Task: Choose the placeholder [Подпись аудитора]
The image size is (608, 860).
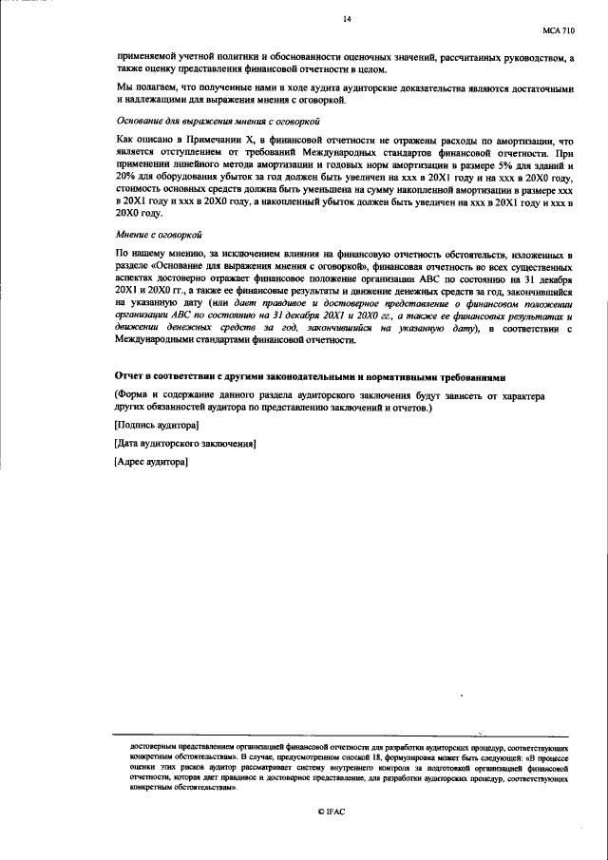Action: [156, 425]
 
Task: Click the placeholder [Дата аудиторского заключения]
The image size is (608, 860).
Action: [184, 443]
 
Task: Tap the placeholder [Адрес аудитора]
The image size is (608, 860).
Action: [150, 462]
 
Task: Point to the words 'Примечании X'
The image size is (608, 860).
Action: [216, 140]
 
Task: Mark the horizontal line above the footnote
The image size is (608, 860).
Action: [343, 736]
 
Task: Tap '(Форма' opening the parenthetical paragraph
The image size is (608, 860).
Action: [129, 394]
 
